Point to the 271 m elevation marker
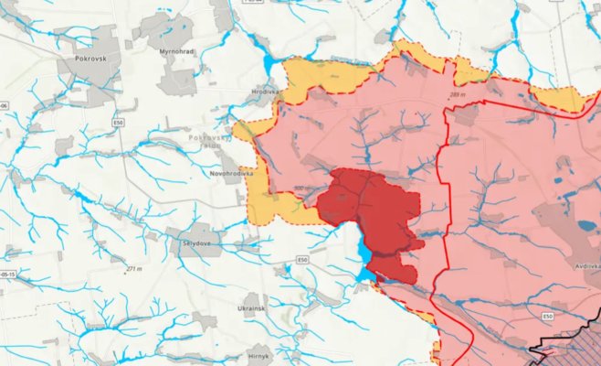tap(135, 269)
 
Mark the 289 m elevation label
tap(458, 94)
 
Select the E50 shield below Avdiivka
tap(548, 317)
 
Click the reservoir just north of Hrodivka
tap(271, 66)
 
